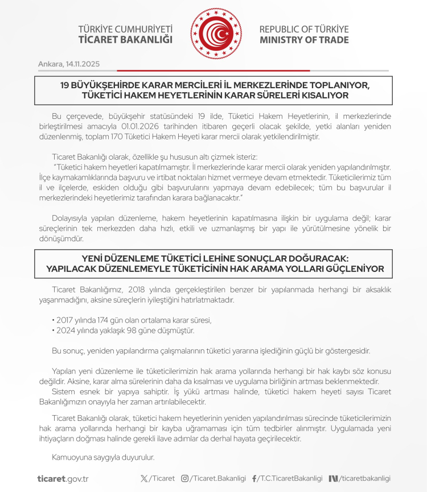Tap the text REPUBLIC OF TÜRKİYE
point(304,29)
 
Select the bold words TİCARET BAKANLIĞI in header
point(125,40)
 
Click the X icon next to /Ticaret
point(143,479)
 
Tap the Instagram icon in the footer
point(184,479)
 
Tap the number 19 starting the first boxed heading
point(66,85)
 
